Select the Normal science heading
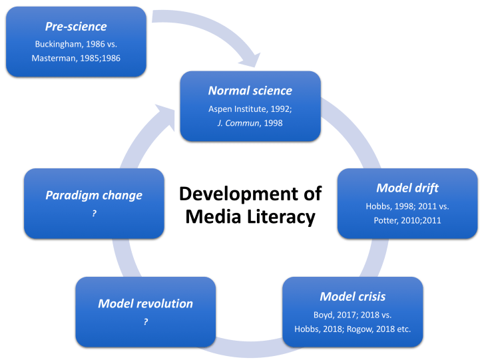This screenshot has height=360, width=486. [250, 90]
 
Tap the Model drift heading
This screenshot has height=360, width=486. [407, 188]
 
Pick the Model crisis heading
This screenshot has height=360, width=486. [352, 296]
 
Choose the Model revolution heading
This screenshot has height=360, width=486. [145, 303]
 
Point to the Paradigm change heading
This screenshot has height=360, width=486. [94, 196]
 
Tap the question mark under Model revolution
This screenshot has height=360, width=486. [145, 322]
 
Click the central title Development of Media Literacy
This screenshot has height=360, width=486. [250, 205]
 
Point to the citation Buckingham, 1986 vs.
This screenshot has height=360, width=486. [76, 44]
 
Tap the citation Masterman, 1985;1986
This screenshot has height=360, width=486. [76, 58]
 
